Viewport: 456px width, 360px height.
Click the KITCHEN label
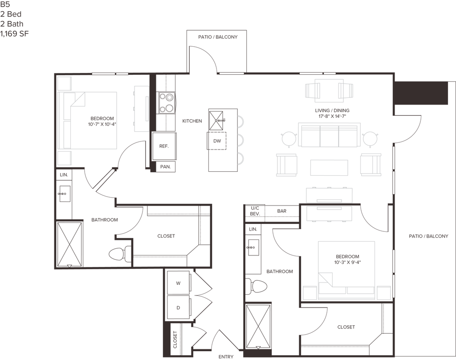192,121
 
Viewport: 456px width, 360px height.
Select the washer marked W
178,283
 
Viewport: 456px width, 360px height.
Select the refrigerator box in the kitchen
164,146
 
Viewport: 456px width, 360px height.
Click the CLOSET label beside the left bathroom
166,236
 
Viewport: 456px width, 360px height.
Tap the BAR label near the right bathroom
281,211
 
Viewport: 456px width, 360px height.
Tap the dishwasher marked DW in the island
217,141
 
